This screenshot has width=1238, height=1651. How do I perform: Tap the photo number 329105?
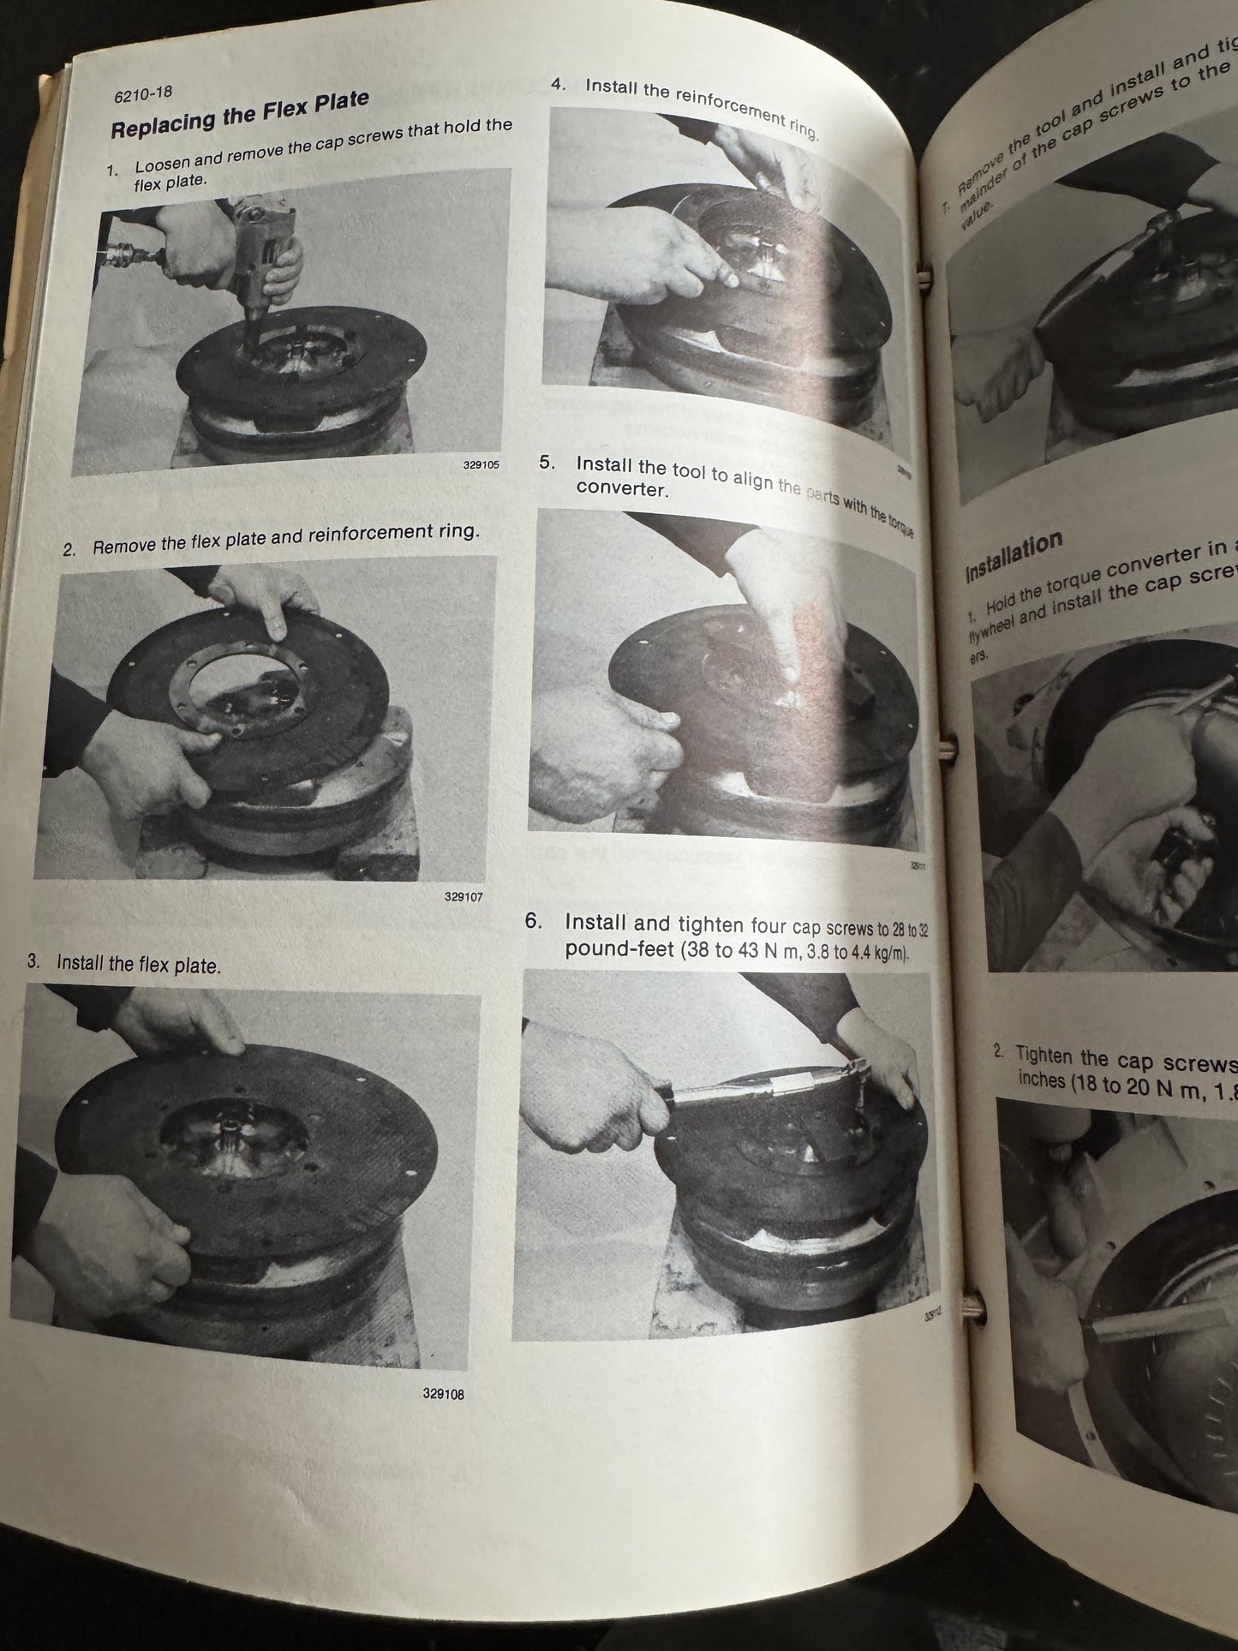click(x=480, y=465)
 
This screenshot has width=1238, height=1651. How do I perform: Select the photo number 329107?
click(x=464, y=897)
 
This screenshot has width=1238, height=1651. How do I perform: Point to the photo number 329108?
click(x=443, y=1394)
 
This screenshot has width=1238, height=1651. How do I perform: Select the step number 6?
click(x=534, y=921)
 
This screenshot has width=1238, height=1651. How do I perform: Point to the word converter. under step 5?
click(x=621, y=489)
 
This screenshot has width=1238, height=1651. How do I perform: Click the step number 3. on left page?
click(x=34, y=961)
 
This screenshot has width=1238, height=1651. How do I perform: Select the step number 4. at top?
click(x=559, y=84)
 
